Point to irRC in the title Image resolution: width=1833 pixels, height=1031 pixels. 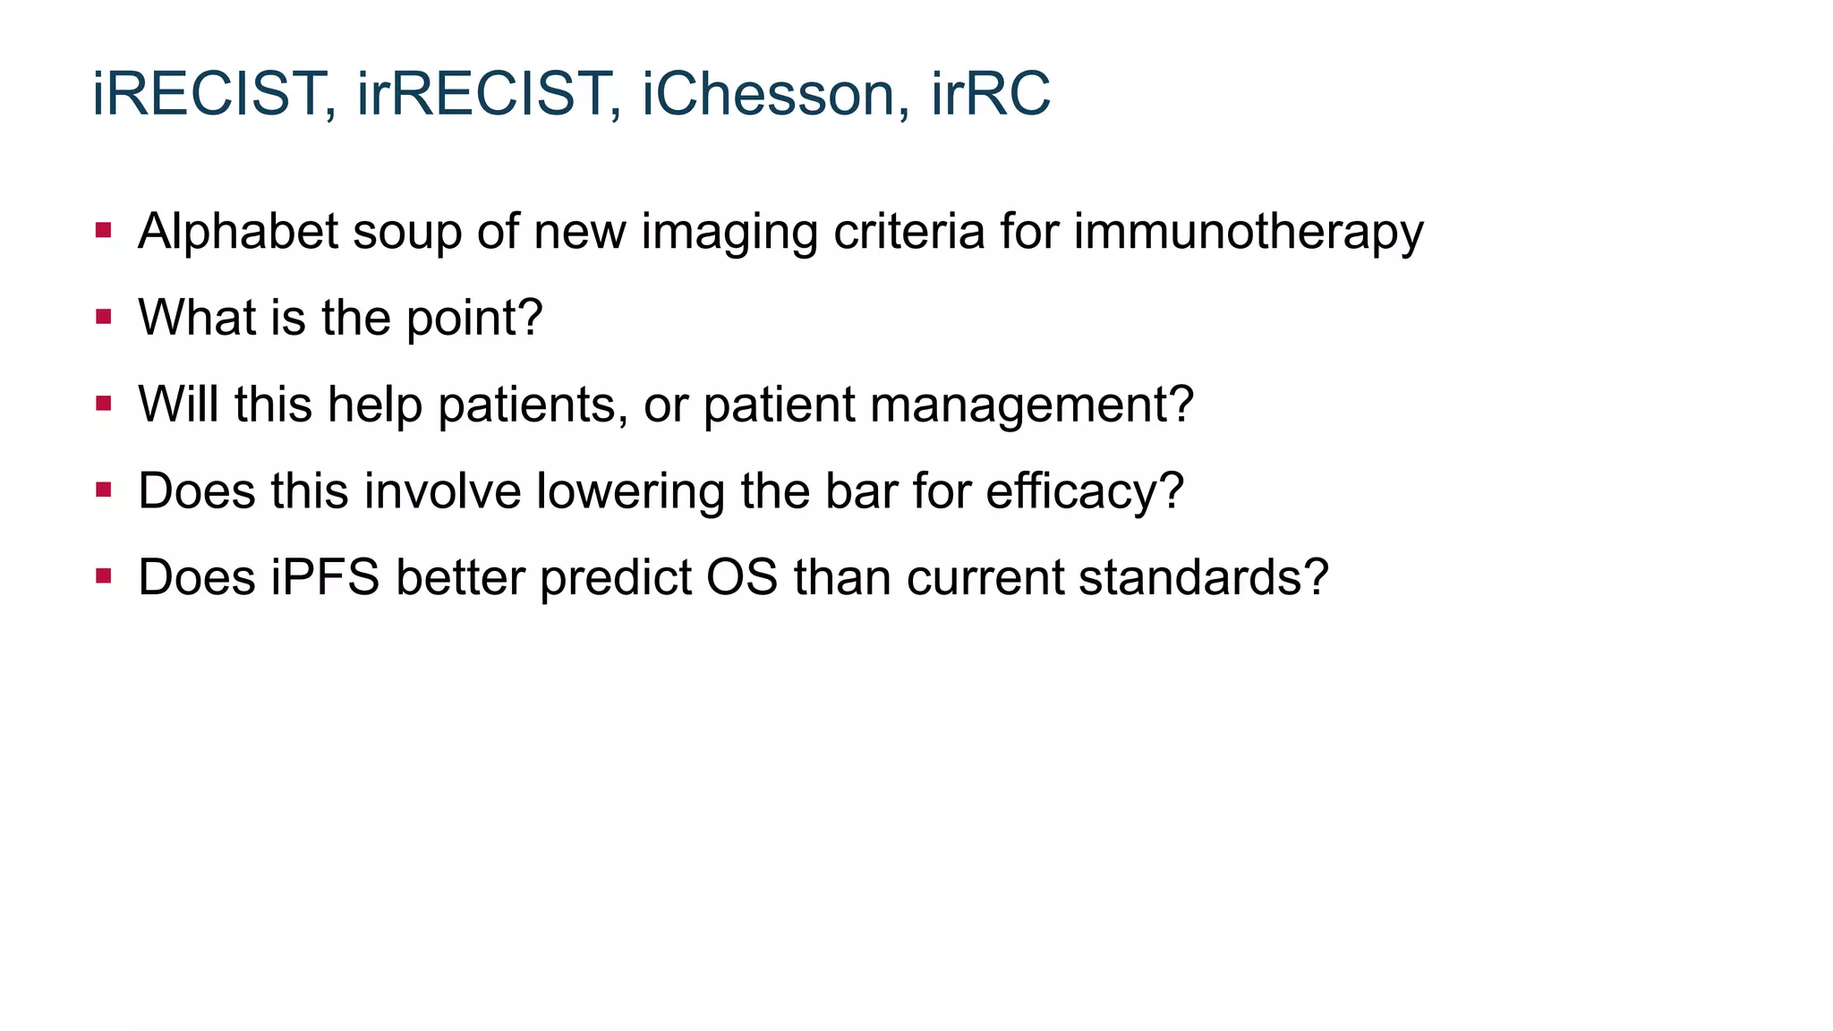[990, 94]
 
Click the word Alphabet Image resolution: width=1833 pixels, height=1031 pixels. [237, 232]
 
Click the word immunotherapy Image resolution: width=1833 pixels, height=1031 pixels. [1249, 232]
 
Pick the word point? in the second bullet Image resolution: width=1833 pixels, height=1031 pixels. [474, 318]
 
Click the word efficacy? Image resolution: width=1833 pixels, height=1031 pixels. [1085, 491]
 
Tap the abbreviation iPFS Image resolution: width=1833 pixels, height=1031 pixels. [325, 577]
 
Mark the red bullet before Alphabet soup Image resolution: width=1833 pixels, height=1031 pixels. [104, 231]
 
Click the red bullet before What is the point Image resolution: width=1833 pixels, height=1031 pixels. [104, 317]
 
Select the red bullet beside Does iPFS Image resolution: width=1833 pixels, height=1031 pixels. [104, 575]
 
